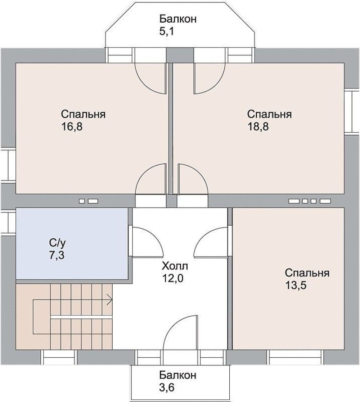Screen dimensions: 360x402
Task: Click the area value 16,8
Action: click(x=72, y=127)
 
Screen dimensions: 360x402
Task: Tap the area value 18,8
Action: click(x=258, y=127)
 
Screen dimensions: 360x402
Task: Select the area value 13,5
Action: click(x=296, y=285)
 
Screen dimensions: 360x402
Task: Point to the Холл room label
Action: click(x=175, y=266)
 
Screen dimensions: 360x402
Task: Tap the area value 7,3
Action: click(x=57, y=256)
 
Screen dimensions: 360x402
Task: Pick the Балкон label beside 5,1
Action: click(x=178, y=19)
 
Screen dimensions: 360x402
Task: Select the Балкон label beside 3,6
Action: click(x=178, y=375)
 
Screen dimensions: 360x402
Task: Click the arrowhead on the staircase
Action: click(x=110, y=299)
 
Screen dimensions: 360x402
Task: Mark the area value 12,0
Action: click(x=172, y=279)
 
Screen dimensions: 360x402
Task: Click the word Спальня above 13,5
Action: click(x=307, y=273)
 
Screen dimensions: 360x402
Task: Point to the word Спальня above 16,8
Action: click(x=83, y=114)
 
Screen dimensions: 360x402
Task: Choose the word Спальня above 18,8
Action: click(x=270, y=114)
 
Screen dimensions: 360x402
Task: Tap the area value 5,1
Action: click(x=167, y=32)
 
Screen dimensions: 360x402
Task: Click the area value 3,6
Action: click(x=167, y=387)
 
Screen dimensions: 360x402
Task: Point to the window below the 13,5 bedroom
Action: click(x=295, y=357)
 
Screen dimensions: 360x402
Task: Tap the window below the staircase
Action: click(x=59, y=357)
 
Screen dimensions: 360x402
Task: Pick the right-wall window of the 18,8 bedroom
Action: click(x=352, y=112)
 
